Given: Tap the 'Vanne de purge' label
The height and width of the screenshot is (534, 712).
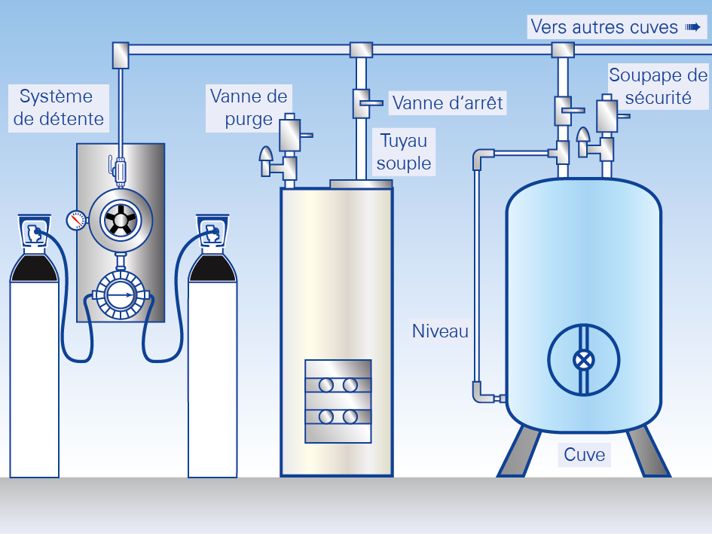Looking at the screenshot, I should (249, 108).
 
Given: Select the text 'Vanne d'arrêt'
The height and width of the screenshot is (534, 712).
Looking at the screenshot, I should (448, 102).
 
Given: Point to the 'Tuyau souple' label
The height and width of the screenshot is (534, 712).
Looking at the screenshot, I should (403, 152).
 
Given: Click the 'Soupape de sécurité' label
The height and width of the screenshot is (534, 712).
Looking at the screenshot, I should (659, 86).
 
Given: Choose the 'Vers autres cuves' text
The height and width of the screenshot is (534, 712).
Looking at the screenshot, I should (604, 27).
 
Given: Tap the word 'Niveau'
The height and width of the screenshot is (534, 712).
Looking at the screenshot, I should (440, 331).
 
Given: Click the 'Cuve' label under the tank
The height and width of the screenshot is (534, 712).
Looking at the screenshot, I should (584, 455).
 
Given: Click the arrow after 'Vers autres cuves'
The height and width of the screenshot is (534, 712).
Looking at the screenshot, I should (692, 27).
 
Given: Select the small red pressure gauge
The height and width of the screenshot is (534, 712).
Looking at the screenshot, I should (75, 220).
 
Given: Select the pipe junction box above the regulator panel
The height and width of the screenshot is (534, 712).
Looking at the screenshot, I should (121, 53).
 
